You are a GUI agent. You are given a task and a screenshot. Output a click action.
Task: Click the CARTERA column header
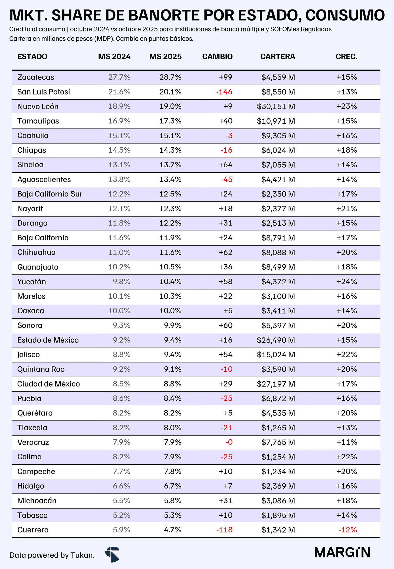(278, 57)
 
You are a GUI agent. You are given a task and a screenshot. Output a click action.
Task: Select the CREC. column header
(347, 57)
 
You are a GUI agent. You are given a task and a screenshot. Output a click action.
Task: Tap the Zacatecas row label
(36, 77)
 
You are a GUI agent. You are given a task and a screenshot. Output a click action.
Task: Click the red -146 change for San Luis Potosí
(224, 92)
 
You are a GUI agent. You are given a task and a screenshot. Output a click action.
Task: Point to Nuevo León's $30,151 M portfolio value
(276, 106)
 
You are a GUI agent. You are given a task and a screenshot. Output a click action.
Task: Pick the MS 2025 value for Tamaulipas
(170, 121)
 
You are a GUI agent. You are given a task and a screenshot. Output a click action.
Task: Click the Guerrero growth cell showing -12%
(348, 530)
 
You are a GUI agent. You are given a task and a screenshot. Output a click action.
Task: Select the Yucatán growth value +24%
(347, 282)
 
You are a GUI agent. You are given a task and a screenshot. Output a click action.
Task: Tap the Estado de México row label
(48, 340)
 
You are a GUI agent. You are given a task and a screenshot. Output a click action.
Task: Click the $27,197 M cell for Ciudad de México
(276, 384)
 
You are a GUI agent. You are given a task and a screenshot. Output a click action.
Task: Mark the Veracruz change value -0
(229, 442)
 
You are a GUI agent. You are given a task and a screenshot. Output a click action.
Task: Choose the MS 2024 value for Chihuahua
(119, 252)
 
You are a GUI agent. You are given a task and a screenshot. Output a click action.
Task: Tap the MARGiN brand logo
(342, 552)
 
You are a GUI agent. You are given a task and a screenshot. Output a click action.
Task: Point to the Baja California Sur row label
(50, 194)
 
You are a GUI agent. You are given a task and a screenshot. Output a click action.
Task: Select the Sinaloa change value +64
(226, 165)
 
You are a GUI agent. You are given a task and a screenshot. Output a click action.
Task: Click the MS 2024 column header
(114, 57)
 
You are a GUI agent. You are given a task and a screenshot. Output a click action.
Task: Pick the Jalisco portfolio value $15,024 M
(276, 355)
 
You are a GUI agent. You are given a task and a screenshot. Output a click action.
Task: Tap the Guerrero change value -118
(224, 530)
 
